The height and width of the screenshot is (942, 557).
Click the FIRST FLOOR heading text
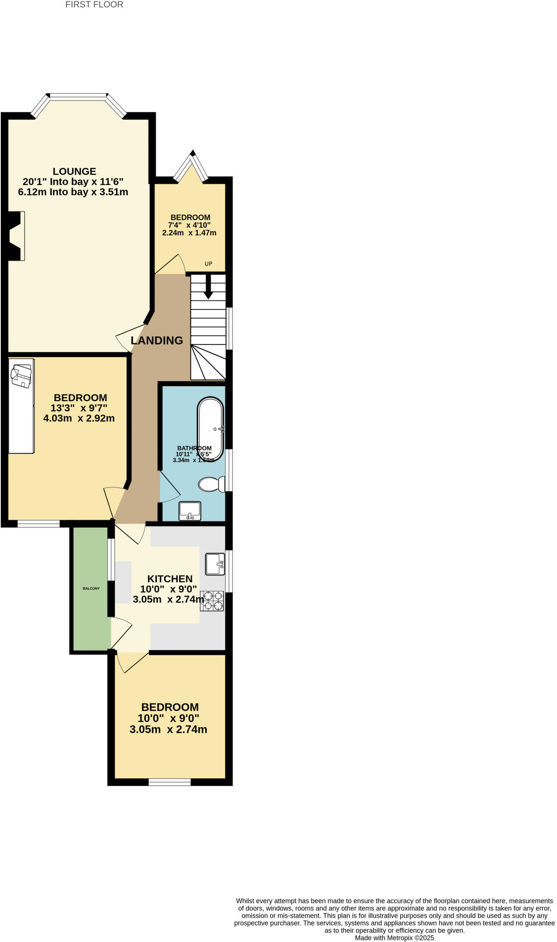[94, 5]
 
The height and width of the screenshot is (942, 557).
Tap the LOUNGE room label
[75, 172]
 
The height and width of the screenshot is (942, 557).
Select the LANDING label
[157, 340]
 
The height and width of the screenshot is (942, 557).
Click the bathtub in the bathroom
[211, 429]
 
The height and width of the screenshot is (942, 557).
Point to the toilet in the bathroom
[211, 484]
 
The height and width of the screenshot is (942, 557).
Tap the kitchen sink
[215, 564]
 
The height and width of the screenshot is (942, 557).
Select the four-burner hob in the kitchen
[212, 601]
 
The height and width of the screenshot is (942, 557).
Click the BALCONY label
[91, 588]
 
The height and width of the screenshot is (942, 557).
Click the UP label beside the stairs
[208, 264]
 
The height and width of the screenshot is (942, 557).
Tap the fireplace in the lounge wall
[17, 236]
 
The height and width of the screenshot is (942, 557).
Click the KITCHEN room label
[170, 579]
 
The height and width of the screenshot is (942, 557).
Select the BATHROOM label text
[195, 448]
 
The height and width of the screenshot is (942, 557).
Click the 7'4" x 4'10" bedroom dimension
[189, 225]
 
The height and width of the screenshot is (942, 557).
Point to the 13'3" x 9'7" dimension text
[79, 408]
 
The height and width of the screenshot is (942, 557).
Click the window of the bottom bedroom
[169, 782]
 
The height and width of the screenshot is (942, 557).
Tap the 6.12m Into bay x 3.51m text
[73, 192]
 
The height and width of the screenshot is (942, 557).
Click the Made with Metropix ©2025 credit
[394, 938]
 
